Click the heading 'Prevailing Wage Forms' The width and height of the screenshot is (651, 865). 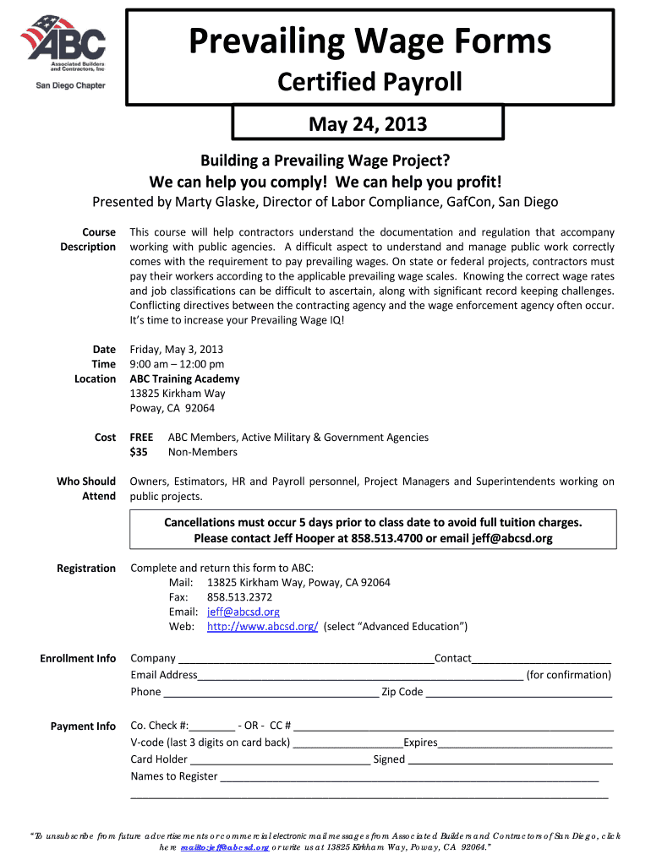click(370, 41)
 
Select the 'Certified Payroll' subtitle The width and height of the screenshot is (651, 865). click(370, 82)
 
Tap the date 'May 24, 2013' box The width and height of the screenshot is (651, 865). click(368, 125)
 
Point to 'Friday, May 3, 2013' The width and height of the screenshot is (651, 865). click(176, 350)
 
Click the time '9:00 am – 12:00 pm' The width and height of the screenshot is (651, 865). click(177, 364)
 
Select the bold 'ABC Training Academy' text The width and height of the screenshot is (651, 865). click(184, 378)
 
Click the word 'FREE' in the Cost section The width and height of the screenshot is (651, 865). click(141, 438)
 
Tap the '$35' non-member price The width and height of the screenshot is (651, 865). click(139, 452)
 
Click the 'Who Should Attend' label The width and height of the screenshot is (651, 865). click(86, 488)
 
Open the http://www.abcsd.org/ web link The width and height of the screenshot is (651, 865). click(262, 626)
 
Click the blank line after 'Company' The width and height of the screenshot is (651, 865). click(305, 660)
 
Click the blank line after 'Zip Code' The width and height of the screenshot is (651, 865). click(518, 694)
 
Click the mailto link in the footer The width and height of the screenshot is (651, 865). click(224, 846)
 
